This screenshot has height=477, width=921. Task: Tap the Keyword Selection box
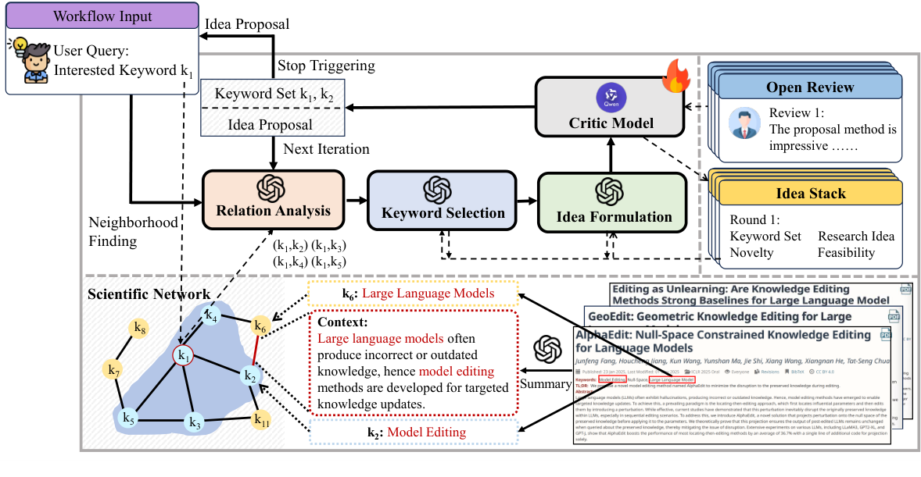443,201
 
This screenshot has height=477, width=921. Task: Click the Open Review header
810,87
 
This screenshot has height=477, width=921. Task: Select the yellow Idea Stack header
812,192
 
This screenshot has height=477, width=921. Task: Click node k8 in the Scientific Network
140,329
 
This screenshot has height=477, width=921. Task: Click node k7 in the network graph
114,368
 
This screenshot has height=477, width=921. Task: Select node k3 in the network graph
195,422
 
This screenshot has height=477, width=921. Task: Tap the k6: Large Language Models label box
413,294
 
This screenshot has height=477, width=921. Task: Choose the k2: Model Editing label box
413,432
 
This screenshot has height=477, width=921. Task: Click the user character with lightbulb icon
30,59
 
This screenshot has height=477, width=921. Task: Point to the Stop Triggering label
326,65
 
